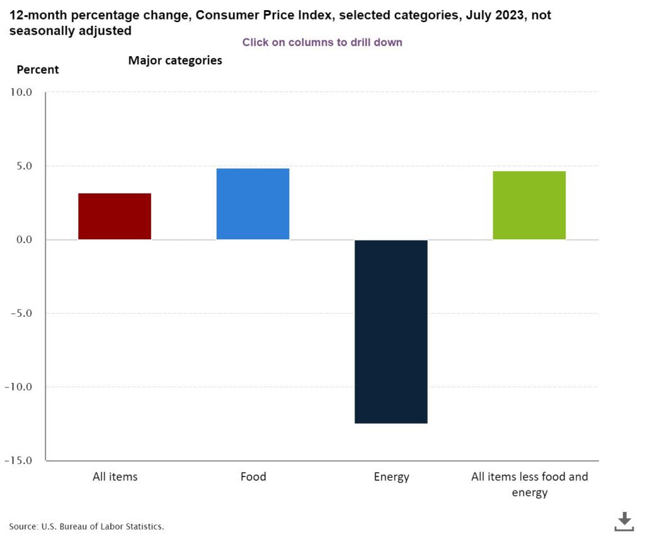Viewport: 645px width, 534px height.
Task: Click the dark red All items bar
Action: (x=115, y=216)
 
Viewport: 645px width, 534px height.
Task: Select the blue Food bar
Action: (x=253, y=204)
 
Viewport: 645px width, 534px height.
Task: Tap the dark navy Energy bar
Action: (x=391, y=331)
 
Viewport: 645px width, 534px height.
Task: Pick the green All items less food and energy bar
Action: (x=529, y=205)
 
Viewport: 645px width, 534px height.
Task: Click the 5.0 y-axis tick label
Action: (x=23, y=166)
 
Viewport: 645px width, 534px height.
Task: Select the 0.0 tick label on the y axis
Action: (x=23, y=240)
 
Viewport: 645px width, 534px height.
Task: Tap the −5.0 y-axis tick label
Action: (x=20, y=314)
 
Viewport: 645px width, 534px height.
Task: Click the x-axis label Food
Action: (x=253, y=477)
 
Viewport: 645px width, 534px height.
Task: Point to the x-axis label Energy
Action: (x=391, y=477)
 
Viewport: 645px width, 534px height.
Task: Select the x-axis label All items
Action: (x=115, y=477)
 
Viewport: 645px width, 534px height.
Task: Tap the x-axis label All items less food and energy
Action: (x=530, y=484)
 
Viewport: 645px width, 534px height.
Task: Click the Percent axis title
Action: (x=38, y=70)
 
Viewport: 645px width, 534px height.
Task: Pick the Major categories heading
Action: (x=175, y=61)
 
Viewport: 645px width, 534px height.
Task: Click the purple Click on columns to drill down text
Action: (x=322, y=43)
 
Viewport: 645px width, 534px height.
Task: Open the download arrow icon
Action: (x=624, y=521)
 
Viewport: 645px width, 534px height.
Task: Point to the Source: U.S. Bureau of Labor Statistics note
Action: (x=86, y=526)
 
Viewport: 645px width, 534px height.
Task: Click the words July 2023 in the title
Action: (x=489, y=15)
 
